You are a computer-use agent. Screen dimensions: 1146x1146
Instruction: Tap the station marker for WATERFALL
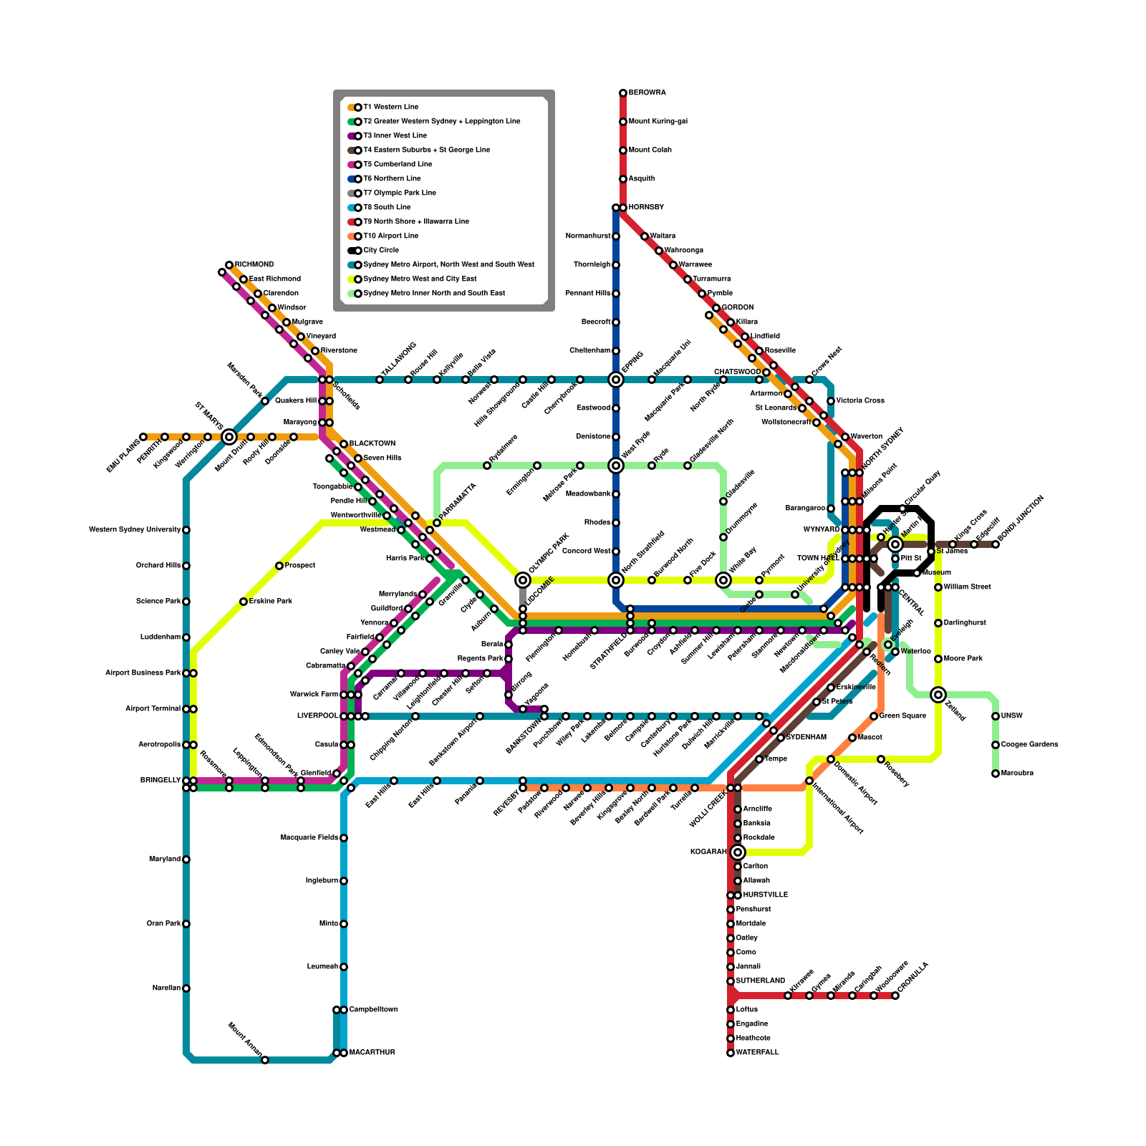coord(731,1053)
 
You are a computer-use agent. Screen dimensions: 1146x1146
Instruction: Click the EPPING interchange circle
coord(616,380)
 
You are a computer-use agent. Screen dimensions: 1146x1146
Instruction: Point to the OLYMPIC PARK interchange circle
coord(523,580)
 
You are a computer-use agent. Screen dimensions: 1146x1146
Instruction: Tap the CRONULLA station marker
coord(895,996)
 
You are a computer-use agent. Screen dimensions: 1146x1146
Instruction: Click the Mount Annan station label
coord(244,1039)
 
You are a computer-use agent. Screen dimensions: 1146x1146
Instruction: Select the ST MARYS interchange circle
coord(229,437)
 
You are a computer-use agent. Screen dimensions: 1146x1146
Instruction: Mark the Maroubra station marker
coord(996,774)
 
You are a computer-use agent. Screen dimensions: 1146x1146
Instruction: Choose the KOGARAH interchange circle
coord(738,852)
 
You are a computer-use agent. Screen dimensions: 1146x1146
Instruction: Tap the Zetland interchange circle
coord(938,695)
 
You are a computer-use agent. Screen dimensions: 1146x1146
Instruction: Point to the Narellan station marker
coord(186,988)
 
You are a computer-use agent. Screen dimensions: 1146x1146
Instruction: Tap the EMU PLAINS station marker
coord(143,437)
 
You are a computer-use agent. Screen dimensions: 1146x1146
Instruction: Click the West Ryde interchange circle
coord(616,466)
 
